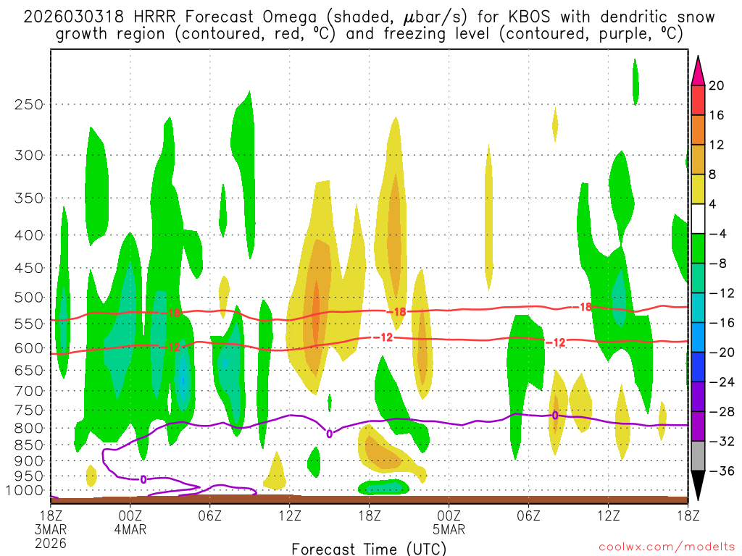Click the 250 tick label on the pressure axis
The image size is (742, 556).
tap(30, 104)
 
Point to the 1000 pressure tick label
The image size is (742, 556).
tap(27, 491)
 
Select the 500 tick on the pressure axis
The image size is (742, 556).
tap(30, 297)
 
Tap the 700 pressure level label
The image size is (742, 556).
tap(30, 391)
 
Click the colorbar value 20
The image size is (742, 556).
tap(717, 85)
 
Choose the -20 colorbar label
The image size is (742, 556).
tap(720, 353)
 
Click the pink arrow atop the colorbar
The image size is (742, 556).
tap(698, 69)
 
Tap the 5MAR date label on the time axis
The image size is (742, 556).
tap(449, 528)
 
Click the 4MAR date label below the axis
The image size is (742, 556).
tap(130, 528)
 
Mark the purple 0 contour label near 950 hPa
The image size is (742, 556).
tap(143, 479)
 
